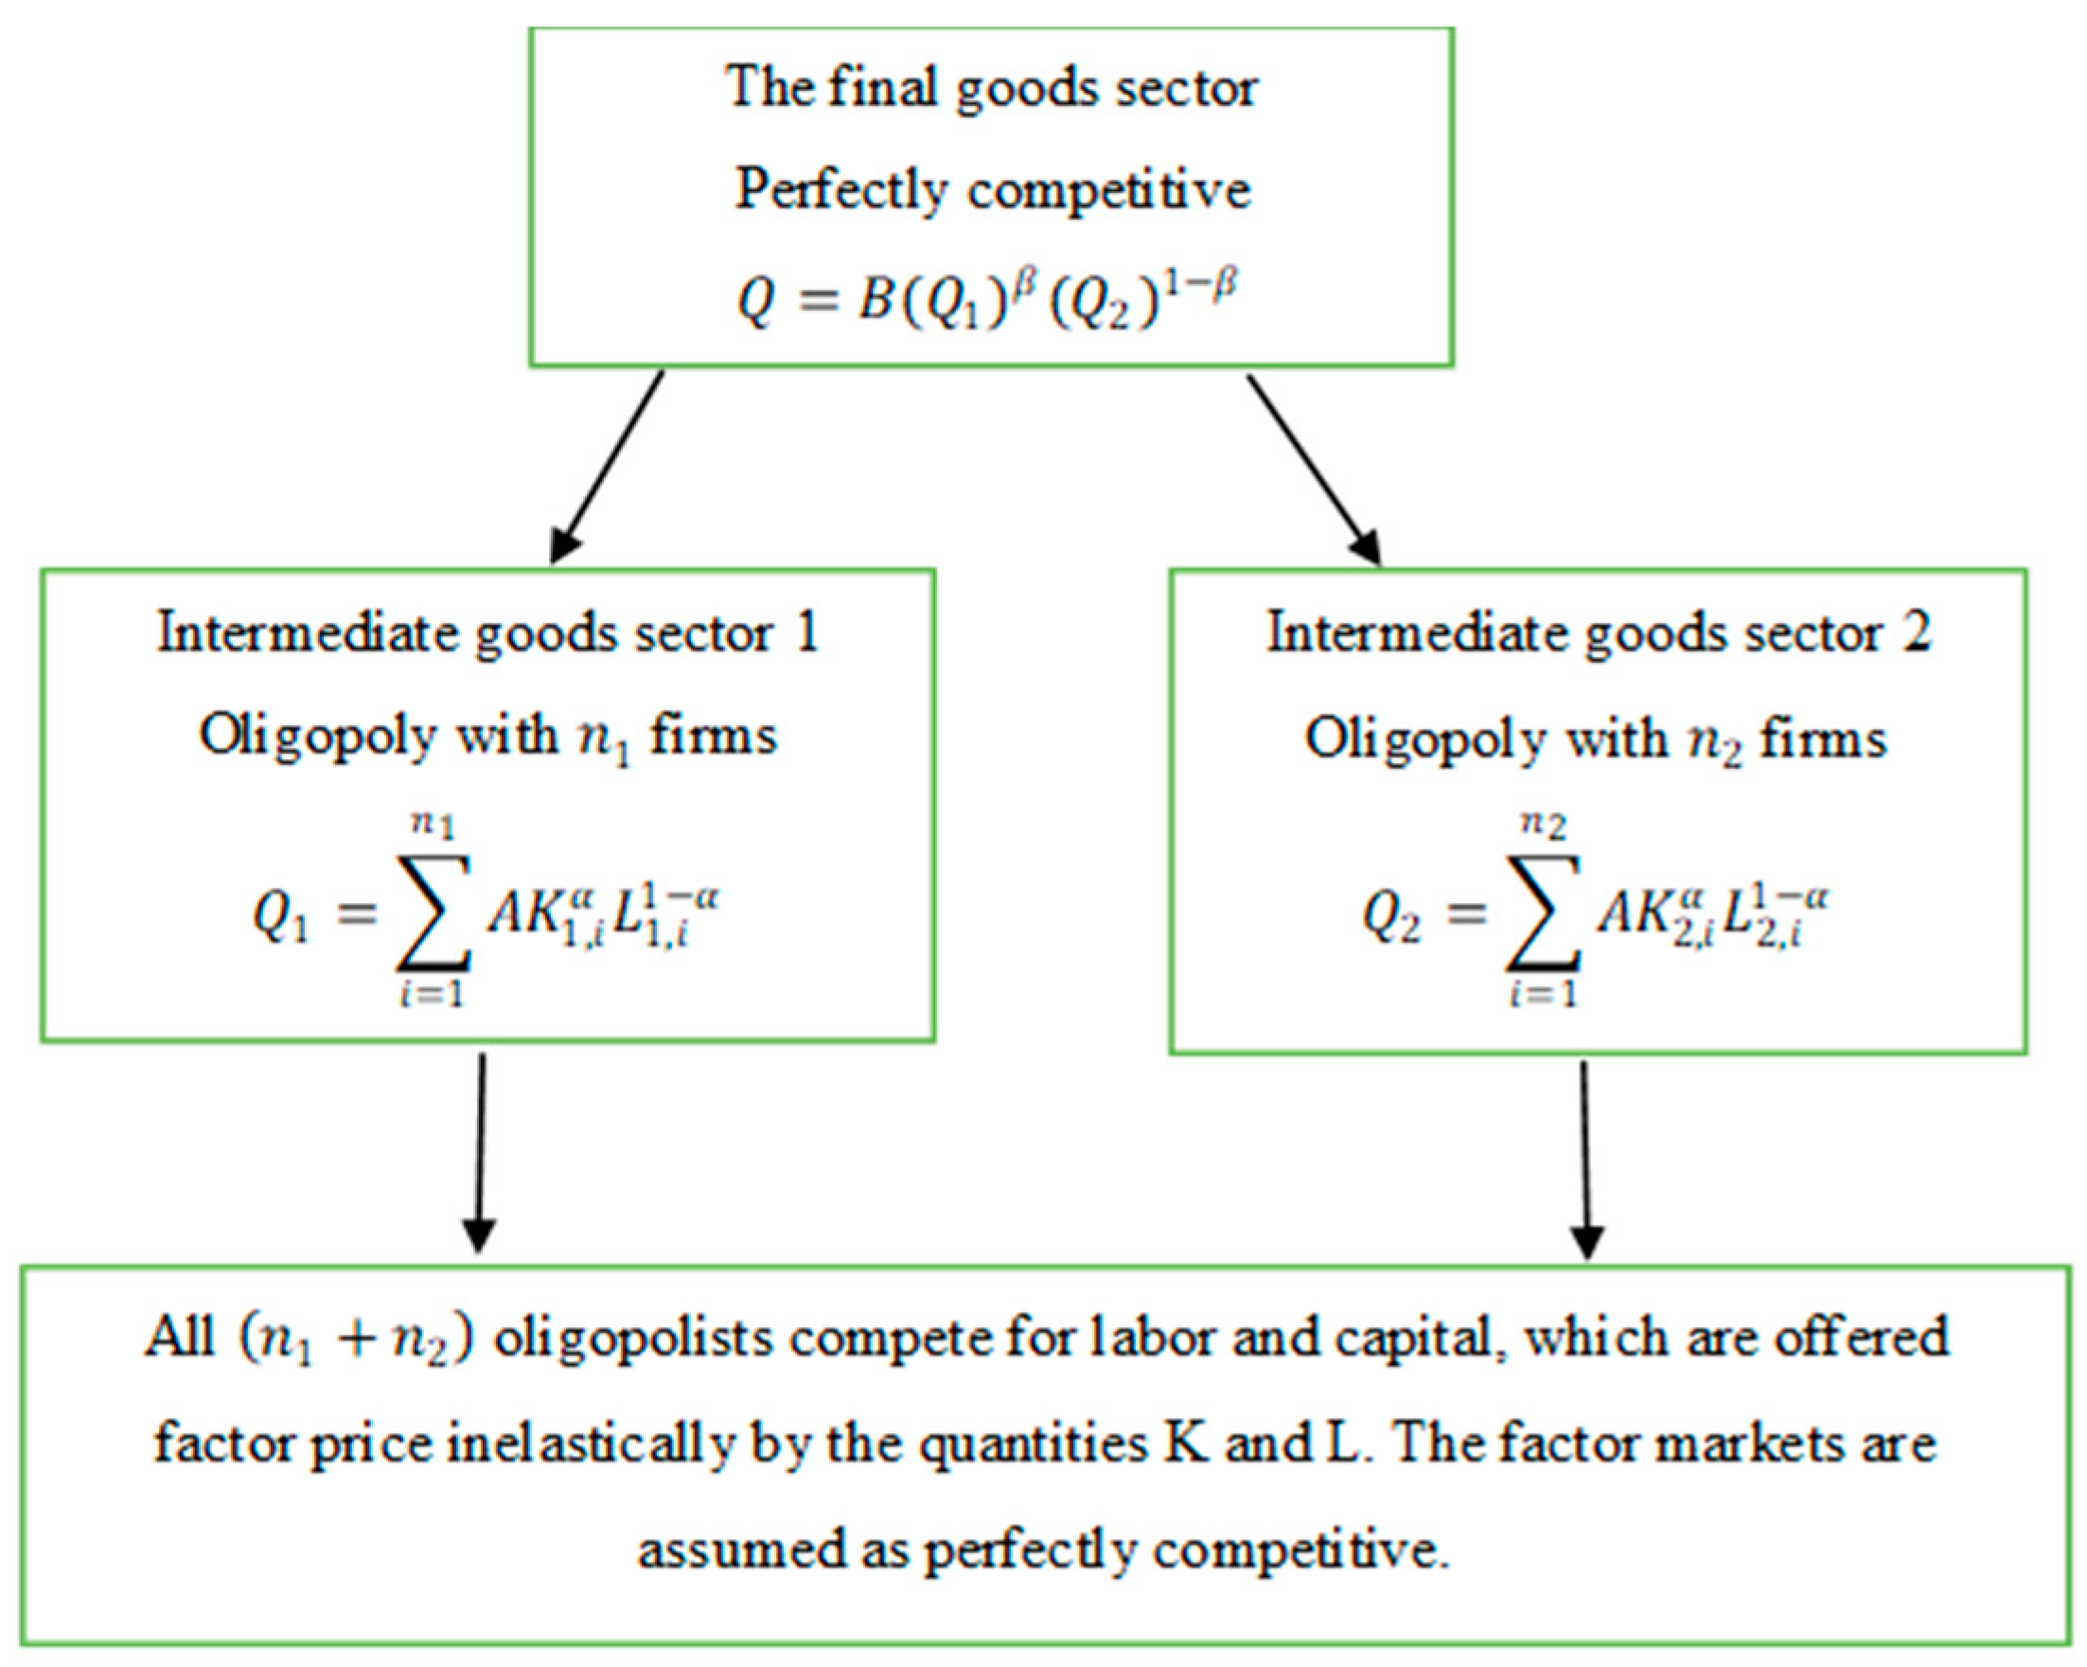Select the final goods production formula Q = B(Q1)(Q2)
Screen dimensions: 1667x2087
(987, 299)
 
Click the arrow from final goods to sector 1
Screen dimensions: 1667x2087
(608, 465)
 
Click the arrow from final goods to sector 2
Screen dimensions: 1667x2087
(1313, 469)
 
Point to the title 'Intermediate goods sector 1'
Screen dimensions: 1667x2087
(487, 634)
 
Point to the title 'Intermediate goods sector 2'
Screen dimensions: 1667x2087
(1599, 634)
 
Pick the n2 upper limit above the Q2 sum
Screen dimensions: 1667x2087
(1543, 825)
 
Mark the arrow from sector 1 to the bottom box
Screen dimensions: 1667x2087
(481, 1152)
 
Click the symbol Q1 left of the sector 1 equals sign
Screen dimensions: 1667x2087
(281, 913)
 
